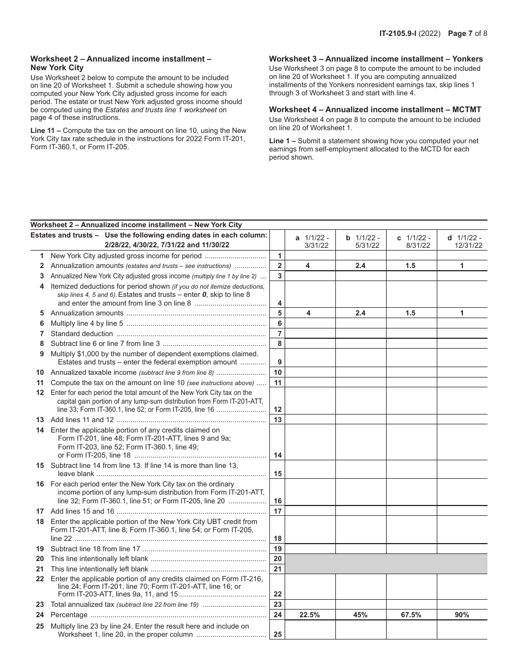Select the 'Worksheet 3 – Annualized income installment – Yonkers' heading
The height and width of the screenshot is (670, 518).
click(x=376, y=59)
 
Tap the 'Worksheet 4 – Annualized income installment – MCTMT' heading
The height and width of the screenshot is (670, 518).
click(x=375, y=109)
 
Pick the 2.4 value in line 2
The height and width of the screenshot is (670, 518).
click(x=360, y=266)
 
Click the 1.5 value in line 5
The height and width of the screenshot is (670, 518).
click(x=411, y=313)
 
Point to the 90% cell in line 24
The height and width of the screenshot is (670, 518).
click(x=462, y=614)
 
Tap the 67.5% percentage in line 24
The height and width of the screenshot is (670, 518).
click(x=411, y=614)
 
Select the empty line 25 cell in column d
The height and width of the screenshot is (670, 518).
click(x=462, y=630)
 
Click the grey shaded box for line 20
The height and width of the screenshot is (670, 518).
click(x=386, y=559)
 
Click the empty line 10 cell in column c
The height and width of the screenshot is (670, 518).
click(x=411, y=373)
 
